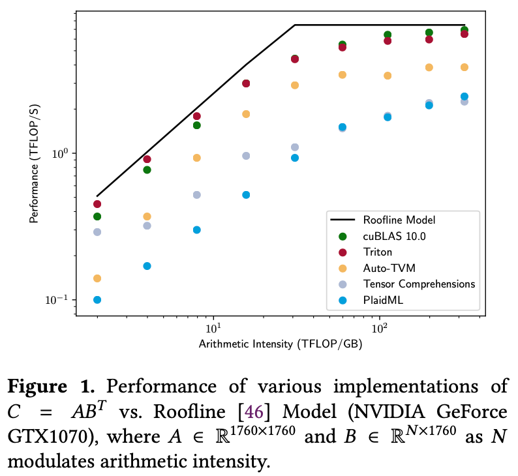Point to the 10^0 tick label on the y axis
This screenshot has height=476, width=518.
click(x=61, y=153)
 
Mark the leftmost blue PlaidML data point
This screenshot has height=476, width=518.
click(x=97, y=300)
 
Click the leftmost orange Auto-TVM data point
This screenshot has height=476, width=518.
click(x=97, y=278)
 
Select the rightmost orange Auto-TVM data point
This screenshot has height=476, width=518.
click(x=464, y=67)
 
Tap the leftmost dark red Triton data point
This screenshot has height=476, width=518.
click(x=97, y=204)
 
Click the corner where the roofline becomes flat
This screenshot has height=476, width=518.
click(x=295, y=25)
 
